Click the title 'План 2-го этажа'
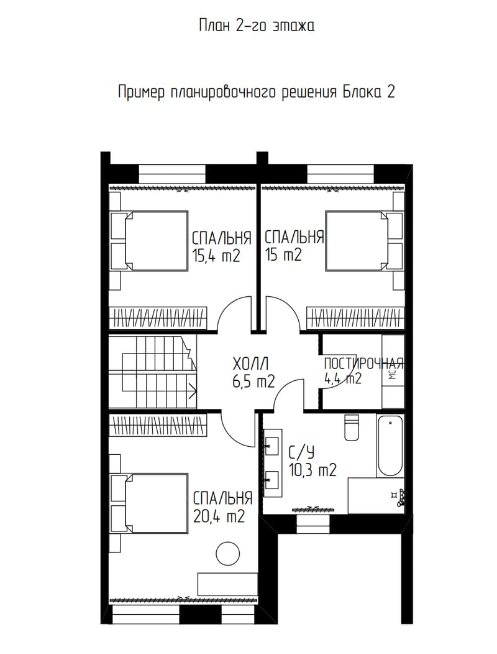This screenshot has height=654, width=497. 257,26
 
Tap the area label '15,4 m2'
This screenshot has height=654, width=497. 216,255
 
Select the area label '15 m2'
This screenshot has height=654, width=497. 283,255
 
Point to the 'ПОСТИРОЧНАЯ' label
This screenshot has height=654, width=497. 364,363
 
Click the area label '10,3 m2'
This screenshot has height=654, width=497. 312,470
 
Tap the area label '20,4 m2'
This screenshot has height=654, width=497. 219,516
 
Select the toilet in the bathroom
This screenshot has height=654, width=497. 352,427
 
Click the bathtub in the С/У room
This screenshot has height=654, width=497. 390,446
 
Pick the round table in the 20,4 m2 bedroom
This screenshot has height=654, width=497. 228,553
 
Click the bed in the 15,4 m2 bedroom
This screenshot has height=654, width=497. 156,241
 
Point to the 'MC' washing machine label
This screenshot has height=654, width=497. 393,374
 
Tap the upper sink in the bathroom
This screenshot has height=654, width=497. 271,446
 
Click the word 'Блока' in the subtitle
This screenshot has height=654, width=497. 362,91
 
